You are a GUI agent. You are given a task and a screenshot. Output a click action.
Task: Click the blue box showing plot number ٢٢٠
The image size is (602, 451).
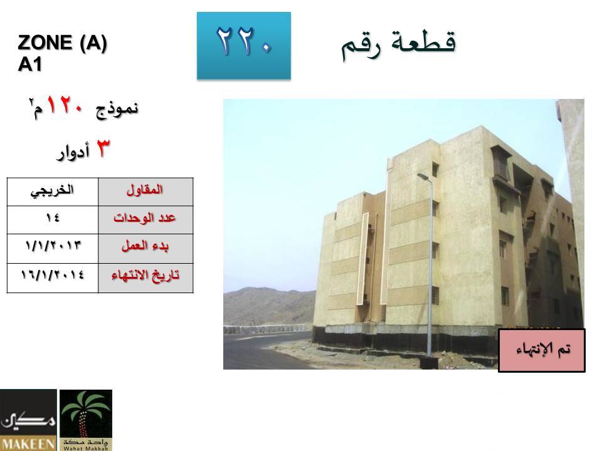(244, 46)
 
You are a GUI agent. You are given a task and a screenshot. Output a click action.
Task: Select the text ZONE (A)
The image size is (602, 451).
(62, 43)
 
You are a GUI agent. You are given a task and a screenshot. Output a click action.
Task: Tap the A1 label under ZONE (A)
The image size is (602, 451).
(29, 64)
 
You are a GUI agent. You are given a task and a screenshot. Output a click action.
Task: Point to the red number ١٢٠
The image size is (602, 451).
(65, 105)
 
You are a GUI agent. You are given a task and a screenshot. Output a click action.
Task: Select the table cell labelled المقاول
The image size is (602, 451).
(145, 192)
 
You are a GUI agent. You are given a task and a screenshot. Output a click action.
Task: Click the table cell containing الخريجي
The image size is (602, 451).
(53, 192)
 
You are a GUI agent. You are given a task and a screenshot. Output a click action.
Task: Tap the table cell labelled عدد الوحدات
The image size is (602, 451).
(145, 220)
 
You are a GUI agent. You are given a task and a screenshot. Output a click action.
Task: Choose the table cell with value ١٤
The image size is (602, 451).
(53, 220)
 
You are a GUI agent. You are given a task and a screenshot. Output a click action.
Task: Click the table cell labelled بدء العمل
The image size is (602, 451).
(145, 249)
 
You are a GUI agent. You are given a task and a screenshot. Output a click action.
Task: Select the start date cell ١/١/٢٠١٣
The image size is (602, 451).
(53, 249)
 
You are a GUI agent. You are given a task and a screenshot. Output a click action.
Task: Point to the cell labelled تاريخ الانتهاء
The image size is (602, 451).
(145, 278)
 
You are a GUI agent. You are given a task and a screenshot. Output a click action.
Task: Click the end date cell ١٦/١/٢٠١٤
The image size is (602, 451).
(53, 278)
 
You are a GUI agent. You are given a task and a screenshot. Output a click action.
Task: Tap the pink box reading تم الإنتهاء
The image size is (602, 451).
(542, 350)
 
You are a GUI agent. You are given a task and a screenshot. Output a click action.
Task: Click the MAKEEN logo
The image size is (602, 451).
(28, 420)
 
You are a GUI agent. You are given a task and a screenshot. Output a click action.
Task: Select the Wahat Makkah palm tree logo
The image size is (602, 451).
(86, 420)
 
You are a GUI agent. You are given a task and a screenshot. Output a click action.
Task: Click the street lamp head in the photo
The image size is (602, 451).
(423, 177)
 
